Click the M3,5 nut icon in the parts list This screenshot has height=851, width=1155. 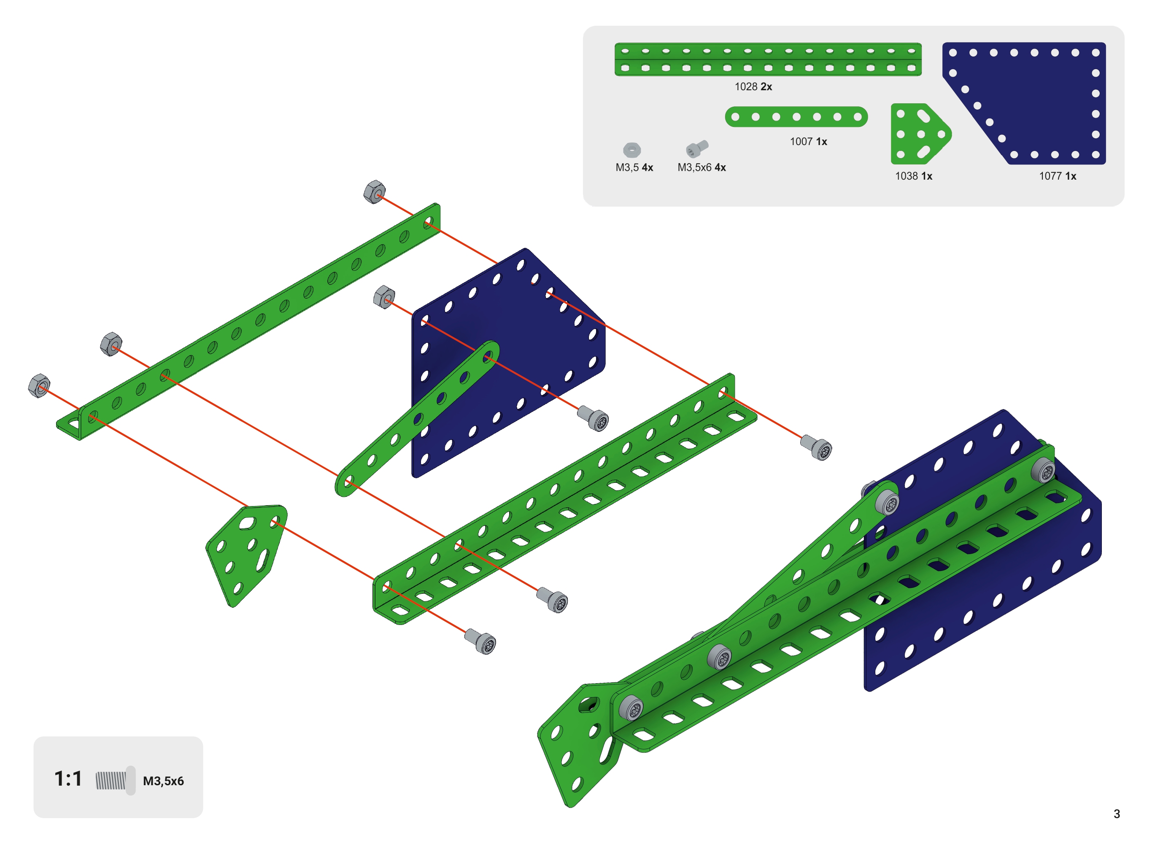click(631, 150)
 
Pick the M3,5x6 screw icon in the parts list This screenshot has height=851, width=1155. click(696, 148)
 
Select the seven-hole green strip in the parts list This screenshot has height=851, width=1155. click(796, 117)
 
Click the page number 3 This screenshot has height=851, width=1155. click(1116, 814)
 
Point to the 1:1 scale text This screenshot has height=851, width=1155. click(68, 779)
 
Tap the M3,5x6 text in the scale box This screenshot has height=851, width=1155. click(163, 781)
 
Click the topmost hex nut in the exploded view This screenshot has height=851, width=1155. click(375, 192)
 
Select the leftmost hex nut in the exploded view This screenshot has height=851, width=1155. click(39, 386)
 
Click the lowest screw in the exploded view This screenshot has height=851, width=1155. click(480, 641)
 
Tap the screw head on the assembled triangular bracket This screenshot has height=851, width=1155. click(631, 708)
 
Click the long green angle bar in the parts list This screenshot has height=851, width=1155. click(768, 59)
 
